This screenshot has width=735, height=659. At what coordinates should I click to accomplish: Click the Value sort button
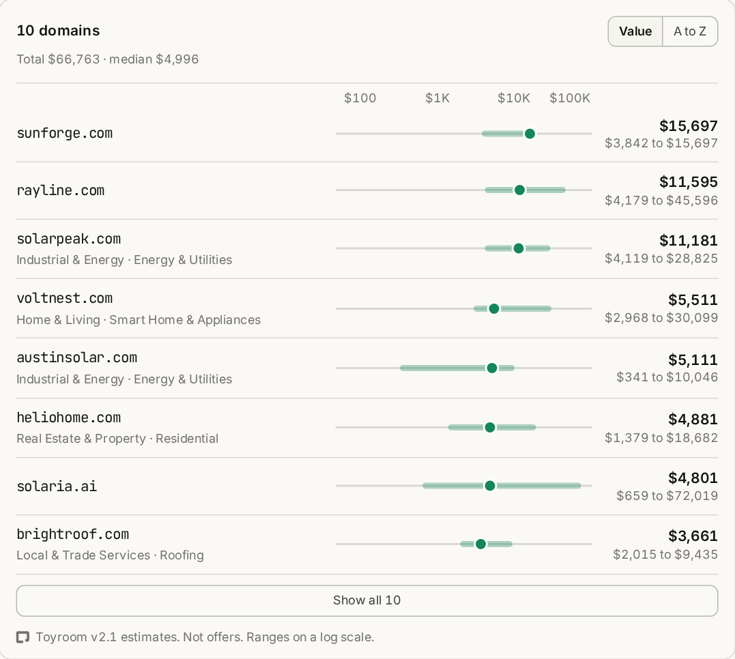pos(635,31)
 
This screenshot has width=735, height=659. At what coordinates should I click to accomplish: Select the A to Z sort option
pos(690,31)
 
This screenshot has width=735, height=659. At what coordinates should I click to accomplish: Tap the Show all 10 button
pos(367,600)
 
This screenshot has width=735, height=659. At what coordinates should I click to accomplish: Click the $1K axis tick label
pos(437,98)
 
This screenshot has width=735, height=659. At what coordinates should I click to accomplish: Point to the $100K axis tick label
pos(570,98)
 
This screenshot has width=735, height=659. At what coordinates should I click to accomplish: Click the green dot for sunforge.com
pos(530,134)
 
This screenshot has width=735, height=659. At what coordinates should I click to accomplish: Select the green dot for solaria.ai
pos(490,486)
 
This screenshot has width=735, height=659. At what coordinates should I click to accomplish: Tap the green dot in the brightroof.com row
pos(480,544)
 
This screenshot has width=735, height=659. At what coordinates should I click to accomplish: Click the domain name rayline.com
pos(61,190)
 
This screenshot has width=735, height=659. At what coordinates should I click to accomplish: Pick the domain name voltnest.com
pos(65,298)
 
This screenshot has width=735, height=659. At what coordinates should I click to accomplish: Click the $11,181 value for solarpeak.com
pos(688,240)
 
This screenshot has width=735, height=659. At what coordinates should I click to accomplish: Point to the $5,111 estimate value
pos(693,360)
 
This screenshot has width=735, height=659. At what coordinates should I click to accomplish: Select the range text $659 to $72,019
pos(667,495)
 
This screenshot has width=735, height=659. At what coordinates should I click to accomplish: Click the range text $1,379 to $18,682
pos(661,438)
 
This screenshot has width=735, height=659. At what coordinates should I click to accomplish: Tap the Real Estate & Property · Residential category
pos(117,438)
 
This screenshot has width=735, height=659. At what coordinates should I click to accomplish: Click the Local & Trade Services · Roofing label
pos(110,555)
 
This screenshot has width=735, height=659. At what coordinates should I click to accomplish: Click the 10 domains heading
pos(58,31)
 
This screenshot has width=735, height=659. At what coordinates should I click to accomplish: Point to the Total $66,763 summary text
pos(58,59)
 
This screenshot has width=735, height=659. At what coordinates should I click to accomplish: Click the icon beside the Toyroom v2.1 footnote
pos(23,637)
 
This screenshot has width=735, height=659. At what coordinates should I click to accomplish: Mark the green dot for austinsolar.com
pos(492,368)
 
